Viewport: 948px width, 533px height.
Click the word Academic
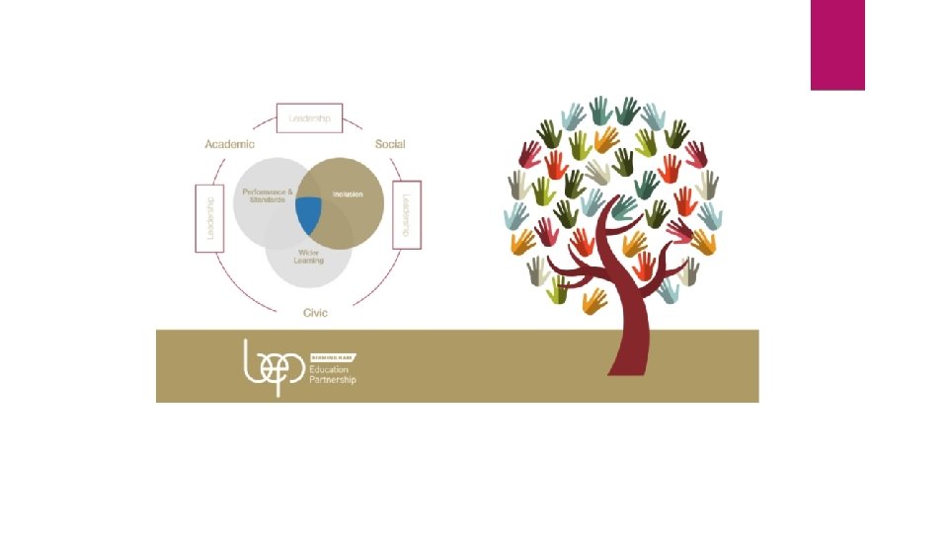click(x=229, y=144)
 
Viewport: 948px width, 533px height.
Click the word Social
click(x=390, y=144)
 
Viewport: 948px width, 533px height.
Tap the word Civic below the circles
click(x=315, y=313)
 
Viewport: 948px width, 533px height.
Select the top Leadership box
click(x=309, y=118)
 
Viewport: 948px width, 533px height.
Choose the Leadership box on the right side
click(x=407, y=214)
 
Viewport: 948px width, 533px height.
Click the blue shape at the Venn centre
click(x=309, y=214)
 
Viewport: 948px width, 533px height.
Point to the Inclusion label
click(x=348, y=194)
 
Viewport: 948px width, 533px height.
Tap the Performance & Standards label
click(x=263, y=195)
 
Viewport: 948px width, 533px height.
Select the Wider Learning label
click(x=310, y=257)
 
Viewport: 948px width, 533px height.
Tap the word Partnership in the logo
click(x=334, y=380)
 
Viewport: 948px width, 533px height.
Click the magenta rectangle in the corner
click(x=837, y=44)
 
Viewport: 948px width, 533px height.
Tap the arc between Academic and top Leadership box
click(x=260, y=126)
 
